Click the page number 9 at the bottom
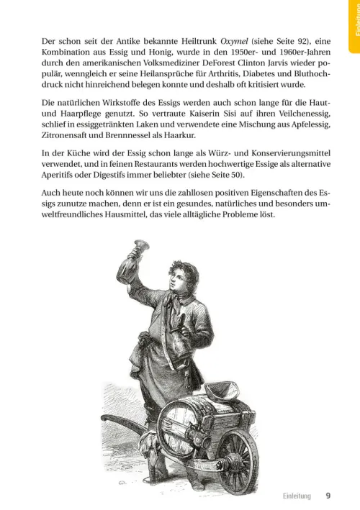(328, 495)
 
